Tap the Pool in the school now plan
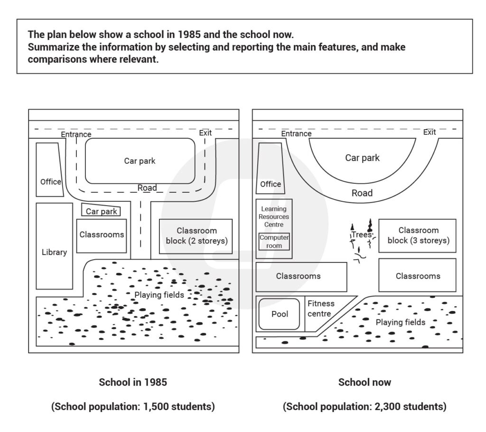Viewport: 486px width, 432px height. click(280, 314)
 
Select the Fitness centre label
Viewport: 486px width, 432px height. click(321, 308)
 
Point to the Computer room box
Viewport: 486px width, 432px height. click(274, 241)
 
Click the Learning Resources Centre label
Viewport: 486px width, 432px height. click(274, 216)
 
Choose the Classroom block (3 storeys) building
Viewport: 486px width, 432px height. click(418, 235)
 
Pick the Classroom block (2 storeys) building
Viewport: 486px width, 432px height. click(196, 236)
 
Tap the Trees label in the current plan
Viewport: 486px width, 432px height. click(361, 235)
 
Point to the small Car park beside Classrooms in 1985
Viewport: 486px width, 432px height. click(101, 211)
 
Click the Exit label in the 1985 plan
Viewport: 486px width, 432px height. click(206, 133)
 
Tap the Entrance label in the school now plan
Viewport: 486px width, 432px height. click(296, 133)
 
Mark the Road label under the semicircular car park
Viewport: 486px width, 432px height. click(362, 193)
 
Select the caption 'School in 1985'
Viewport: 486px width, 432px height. click(133, 382)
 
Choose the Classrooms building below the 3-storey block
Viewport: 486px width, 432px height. click(418, 275)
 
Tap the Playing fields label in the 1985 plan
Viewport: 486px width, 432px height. click(159, 295)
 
